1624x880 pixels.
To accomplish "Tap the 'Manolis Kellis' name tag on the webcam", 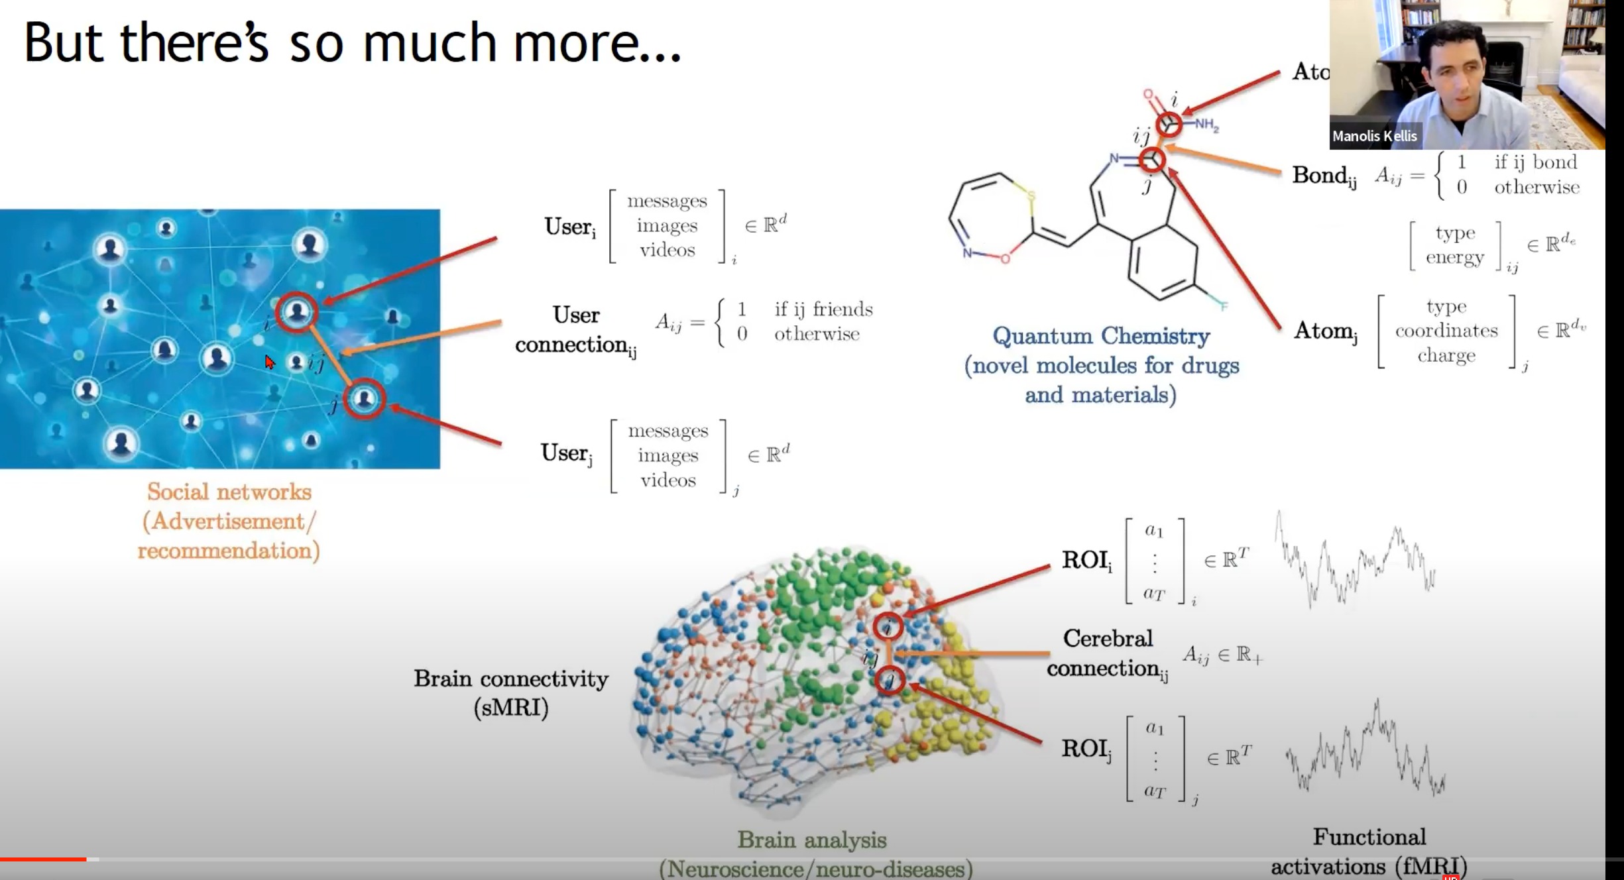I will pyautogui.click(x=1374, y=136).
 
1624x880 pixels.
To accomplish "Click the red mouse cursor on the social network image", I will pyautogui.click(x=269, y=362).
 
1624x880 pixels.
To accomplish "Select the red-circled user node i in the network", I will pyautogui.click(x=296, y=311).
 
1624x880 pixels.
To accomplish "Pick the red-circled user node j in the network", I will pyautogui.click(x=364, y=399).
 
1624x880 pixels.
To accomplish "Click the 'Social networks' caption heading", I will pyautogui.click(x=229, y=492).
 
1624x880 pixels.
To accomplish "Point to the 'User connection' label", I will pyautogui.click(x=575, y=329).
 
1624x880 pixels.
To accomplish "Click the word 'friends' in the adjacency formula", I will pyautogui.click(x=842, y=309).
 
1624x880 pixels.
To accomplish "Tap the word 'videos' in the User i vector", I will pyautogui.click(x=667, y=250).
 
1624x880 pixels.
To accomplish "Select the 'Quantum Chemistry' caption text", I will pyautogui.click(x=1100, y=336).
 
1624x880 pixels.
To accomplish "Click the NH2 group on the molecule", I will pyautogui.click(x=1206, y=124).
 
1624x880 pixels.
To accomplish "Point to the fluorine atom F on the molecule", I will pyautogui.click(x=1223, y=305).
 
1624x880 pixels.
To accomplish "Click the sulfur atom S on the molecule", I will pyautogui.click(x=1031, y=195).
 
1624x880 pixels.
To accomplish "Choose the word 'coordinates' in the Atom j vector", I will pyautogui.click(x=1446, y=331).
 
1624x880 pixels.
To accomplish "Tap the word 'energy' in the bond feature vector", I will pyautogui.click(x=1454, y=257).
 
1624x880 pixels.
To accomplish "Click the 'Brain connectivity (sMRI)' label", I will pyautogui.click(x=511, y=692).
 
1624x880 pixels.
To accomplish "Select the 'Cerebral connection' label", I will pyautogui.click(x=1107, y=653).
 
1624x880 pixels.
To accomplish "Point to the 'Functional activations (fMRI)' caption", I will pyautogui.click(x=1369, y=852).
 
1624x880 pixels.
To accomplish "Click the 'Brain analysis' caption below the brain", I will pyautogui.click(x=811, y=840).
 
